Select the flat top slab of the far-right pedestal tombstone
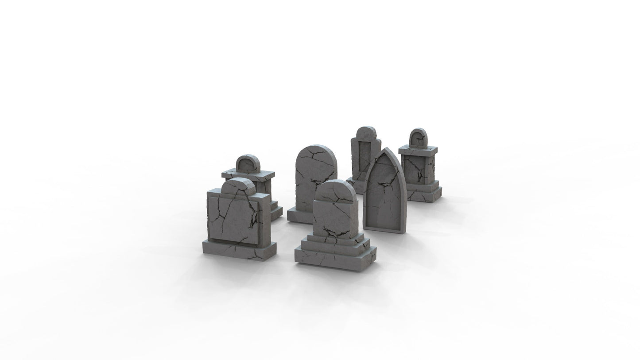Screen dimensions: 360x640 coord(418,151)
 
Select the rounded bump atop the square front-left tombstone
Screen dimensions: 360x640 coord(237,186)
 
